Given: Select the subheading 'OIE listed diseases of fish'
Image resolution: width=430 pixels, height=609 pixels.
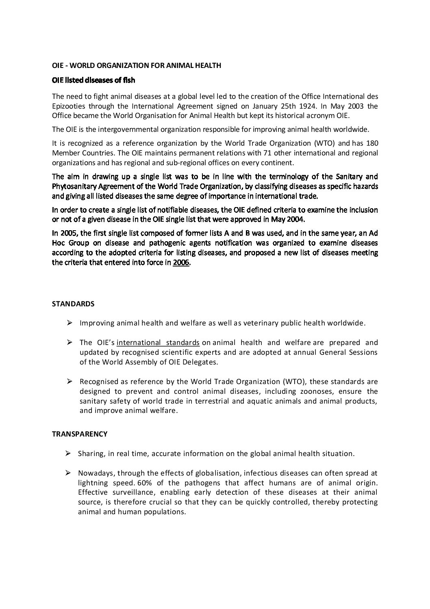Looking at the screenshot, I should [x=93, y=80].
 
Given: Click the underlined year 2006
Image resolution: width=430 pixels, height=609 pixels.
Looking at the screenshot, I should [x=181, y=262].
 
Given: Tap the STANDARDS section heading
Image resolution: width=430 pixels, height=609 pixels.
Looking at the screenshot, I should [x=73, y=304].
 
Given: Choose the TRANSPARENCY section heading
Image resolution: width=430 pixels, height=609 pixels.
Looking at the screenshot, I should [x=80, y=434].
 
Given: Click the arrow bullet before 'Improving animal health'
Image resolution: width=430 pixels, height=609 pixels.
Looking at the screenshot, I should [x=69, y=323].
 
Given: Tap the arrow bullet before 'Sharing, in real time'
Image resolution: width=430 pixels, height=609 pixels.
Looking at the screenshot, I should [x=69, y=453].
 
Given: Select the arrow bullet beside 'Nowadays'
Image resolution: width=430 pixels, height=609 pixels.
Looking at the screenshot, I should [x=69, y=473].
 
